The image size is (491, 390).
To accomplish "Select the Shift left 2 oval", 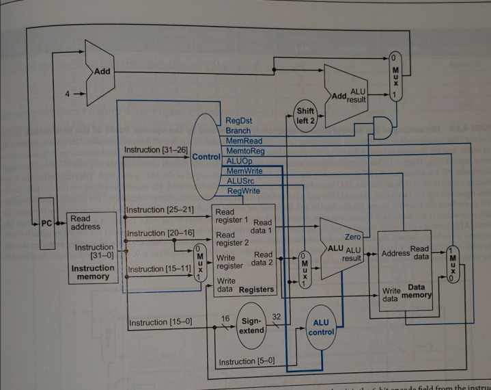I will click(x=305, y=116).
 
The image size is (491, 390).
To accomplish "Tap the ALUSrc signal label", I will click(x=240, y=181).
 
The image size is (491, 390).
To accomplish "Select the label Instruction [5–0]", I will click(x=246, y=361).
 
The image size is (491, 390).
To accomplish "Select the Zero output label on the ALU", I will click(x=353, y=236).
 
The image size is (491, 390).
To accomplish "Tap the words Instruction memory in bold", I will click(x=92, y=273).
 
